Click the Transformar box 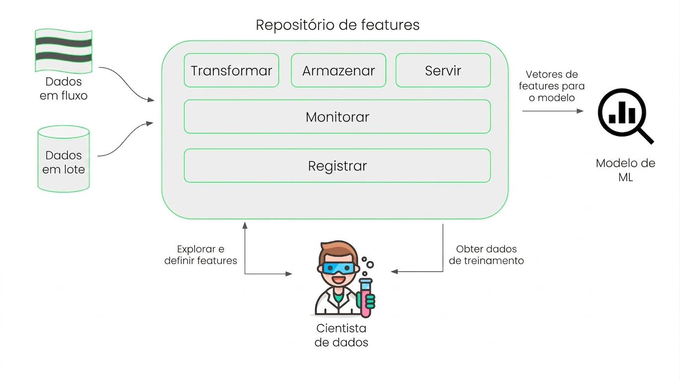tap(231, 70)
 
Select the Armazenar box tap(339, 70)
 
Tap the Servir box tap(443, 70)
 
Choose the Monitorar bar tap(338, 117)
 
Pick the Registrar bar tap(338, 166)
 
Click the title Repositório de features tap(338, 25)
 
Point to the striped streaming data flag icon tap(64, 51)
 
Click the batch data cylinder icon tap(64, 159)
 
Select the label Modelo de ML tap(625, 170)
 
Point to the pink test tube tap(366, 298)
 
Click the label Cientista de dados tap(341, 335)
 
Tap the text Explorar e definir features tap(201, 254)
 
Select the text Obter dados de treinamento tap(486, 254)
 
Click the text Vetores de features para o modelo tap(552, 86)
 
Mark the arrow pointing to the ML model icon tap(552, 111)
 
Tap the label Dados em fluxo tap(64, 88)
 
